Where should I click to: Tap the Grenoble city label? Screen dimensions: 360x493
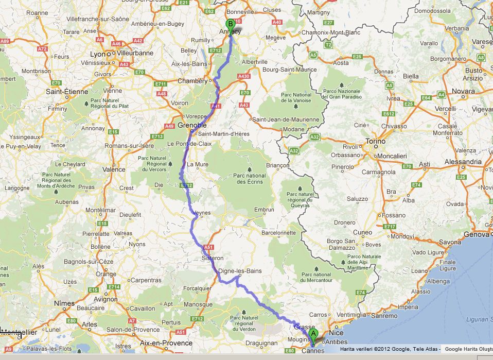pyautogui.click(x=192, y=125)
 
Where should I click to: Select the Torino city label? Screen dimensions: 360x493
pyautogui.click(x=375, y=141)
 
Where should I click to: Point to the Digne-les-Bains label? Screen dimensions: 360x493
pyautogui.click(x=240, y=271)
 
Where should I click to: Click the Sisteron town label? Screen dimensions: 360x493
pyautogui.click(x=213, y=258)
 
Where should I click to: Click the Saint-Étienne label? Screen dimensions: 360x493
pyautogui.click(x=67, y=92)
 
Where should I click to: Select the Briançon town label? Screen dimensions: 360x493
pyautogui.click(x=278, y=165)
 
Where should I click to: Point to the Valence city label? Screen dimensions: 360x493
pyautogui.click(x=114, y=169)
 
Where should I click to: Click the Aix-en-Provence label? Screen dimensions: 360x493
pyautogui.click(x=166, y=342)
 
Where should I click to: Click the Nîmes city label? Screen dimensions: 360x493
pyautogui.click(x=64, y=303)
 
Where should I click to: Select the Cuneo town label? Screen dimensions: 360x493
pyautogui.click(x=362, y=232)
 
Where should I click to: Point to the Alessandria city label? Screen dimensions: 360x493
pyautogui.click(x=463, y=162)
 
